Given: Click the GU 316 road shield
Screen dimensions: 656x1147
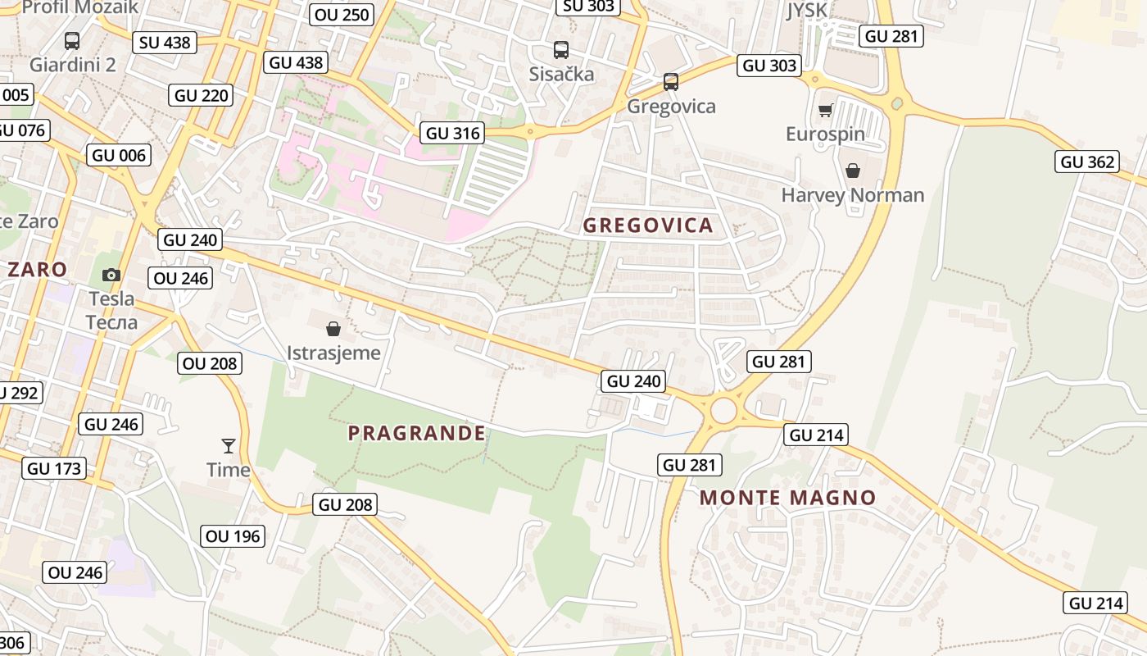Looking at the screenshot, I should click(453, 133).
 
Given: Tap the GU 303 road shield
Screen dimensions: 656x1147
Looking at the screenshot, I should click(768, 66).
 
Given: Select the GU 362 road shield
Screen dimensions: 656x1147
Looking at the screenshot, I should click(1088, 162).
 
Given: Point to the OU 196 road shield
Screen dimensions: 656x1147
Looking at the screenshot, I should click(233, 536).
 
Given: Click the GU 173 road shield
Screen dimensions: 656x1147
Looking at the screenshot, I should click(55, 469).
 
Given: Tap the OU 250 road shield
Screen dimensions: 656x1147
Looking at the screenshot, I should click(342, 14).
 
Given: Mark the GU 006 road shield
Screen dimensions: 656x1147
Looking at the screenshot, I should click(119, 155).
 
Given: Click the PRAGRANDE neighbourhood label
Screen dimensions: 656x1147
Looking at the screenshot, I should click(416, 433).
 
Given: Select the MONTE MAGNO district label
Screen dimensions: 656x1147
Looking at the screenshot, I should click(787, 498).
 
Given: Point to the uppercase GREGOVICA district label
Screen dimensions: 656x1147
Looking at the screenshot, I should click(647, 225).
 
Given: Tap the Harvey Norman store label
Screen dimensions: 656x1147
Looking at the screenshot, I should click(852, 195).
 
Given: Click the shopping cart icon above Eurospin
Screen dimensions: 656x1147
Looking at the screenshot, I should click(825, 111).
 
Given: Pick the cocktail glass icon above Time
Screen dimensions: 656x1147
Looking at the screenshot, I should click(229, 446).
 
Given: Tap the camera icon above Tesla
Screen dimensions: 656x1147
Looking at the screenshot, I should click(111, 275).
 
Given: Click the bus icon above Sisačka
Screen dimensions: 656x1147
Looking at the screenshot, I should click(561, 49).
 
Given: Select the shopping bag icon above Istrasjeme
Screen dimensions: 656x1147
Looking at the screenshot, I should click(333, 329).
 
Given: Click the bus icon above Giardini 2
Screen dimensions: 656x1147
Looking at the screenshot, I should click(72, 40).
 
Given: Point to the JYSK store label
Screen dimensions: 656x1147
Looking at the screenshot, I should click(807, 11).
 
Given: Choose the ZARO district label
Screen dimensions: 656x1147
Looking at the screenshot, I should click(37, 269).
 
